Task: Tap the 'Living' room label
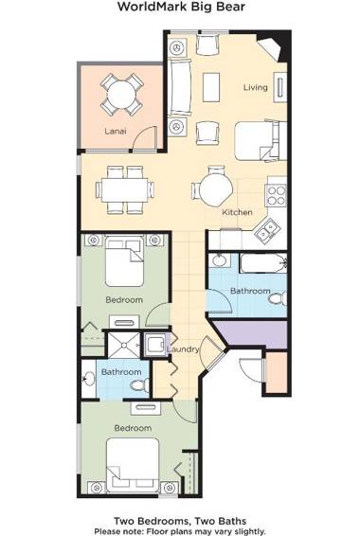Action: coord(256,87)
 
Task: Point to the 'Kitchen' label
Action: coord(237,212)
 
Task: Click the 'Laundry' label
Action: coord(182,349)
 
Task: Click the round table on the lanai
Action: coord(120,94)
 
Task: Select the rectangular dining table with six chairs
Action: coord(121,187)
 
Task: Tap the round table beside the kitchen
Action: coord(214,187)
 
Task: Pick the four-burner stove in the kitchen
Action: coord(276,195)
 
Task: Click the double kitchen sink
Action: coord(268,227)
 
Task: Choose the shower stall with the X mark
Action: coord(124,344)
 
